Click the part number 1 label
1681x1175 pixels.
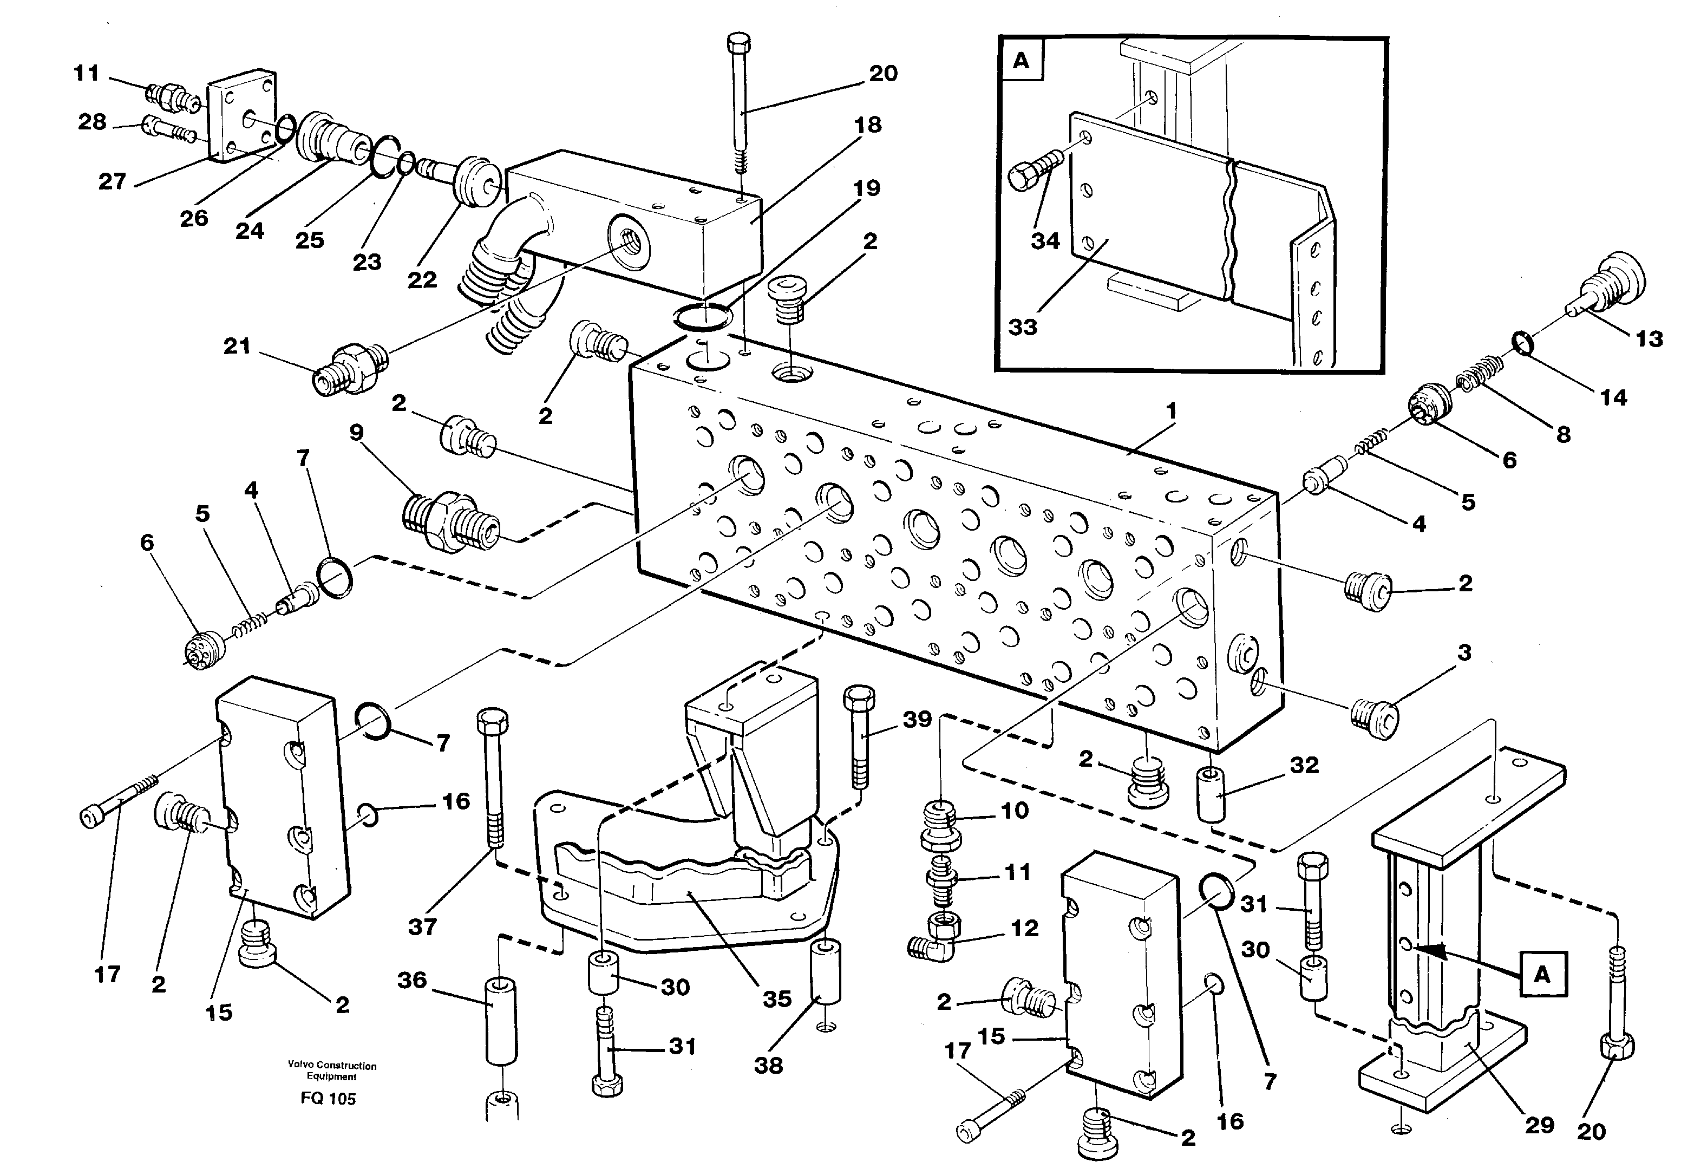[x=1170, y=412]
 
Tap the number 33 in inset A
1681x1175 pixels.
[x=1023, y=327]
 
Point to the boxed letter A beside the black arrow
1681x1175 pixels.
[x=1542, y=975]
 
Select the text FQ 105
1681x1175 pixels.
[x=328, y=1098]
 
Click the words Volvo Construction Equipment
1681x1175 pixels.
[x=332, y=1071]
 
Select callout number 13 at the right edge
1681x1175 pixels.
[x=1649, y=339]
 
